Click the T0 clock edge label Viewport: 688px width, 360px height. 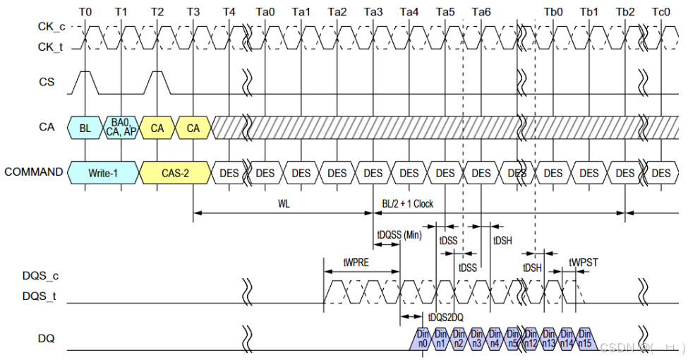(85, 12)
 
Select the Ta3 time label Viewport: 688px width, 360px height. (373, 12)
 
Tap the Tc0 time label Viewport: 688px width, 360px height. (661, 12)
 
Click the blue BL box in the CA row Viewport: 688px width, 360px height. (85, 128)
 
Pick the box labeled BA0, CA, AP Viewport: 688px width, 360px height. (121, 128)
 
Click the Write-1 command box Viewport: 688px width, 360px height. (104, 173)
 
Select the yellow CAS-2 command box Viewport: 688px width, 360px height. (176, 173)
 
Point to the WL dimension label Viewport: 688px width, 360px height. (283, 204)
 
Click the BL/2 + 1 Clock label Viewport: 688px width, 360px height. (408, 204)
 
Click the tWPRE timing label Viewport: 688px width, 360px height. (356, 262)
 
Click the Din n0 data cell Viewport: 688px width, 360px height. (423, 340)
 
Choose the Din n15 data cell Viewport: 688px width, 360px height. (585, 340)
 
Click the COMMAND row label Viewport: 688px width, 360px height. (33, 172)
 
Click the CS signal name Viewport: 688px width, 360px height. (46, 82)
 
